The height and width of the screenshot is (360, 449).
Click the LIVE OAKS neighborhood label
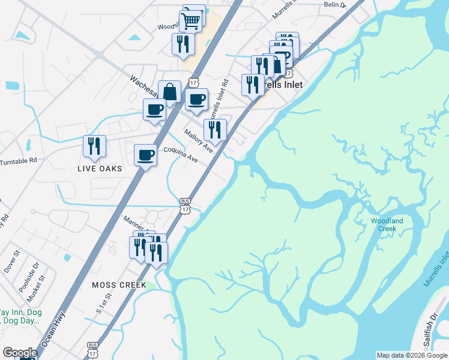point(100,169)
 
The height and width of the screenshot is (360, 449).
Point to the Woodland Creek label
point(387,224)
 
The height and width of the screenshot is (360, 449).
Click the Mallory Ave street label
point(199,140)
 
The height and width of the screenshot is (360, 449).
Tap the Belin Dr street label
point(335,5)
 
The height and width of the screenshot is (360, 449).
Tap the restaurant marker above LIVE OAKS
point(94,146)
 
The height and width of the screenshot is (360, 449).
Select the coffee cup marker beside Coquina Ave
point(145,155)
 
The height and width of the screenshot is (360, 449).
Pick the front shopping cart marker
point(190,21)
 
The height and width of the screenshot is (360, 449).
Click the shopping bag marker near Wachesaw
point(170,92)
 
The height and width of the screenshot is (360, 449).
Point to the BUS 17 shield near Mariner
point(185,205)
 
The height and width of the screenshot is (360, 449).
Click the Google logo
point(20,353)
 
